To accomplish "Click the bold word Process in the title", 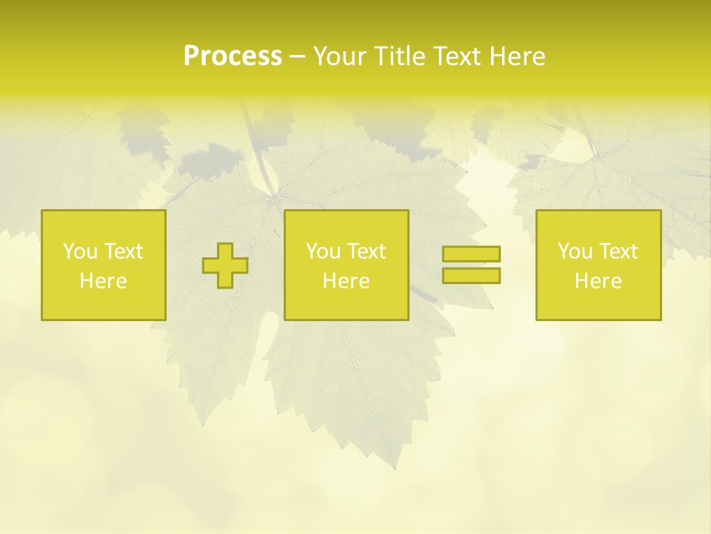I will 233,56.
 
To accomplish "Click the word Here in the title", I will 517,56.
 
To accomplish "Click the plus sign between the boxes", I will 225,266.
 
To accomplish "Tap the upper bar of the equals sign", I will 472,254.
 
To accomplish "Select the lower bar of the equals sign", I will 472,275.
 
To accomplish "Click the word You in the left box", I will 79,251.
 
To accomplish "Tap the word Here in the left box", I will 103,281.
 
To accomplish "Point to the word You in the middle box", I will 323,251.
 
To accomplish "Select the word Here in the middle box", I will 346,281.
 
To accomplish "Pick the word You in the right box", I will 575,251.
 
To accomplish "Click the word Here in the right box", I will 598,281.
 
